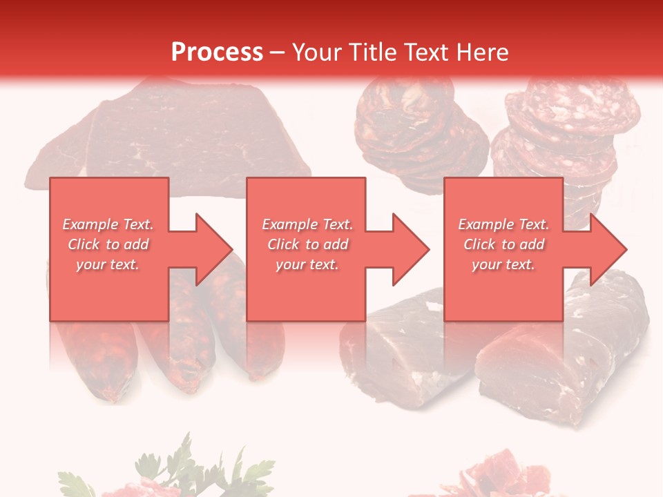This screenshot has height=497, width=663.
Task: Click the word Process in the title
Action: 217,52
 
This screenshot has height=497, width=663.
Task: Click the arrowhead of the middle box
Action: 410,249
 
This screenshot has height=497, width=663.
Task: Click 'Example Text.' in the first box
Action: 108,224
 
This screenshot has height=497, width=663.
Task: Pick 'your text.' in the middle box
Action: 307,264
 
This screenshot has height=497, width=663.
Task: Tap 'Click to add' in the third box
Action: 503,244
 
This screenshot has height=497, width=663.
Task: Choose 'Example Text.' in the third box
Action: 503,224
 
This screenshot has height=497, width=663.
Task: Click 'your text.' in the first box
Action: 108,264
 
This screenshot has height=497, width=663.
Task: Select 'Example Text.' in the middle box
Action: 307,224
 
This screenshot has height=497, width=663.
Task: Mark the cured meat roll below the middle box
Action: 394,352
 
